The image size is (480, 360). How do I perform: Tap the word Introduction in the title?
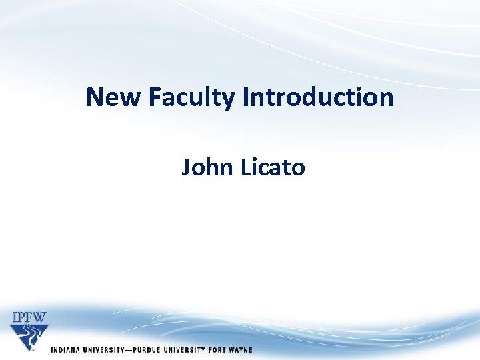click(x=318, y=97)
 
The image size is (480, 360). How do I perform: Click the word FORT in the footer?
click(x=216, y=350)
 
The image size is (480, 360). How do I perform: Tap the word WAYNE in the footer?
click(x=241, y=350)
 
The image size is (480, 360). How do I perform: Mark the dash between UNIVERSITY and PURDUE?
click(x=127, y=350)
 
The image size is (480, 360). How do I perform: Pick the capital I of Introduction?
click(x=245, y=97)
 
